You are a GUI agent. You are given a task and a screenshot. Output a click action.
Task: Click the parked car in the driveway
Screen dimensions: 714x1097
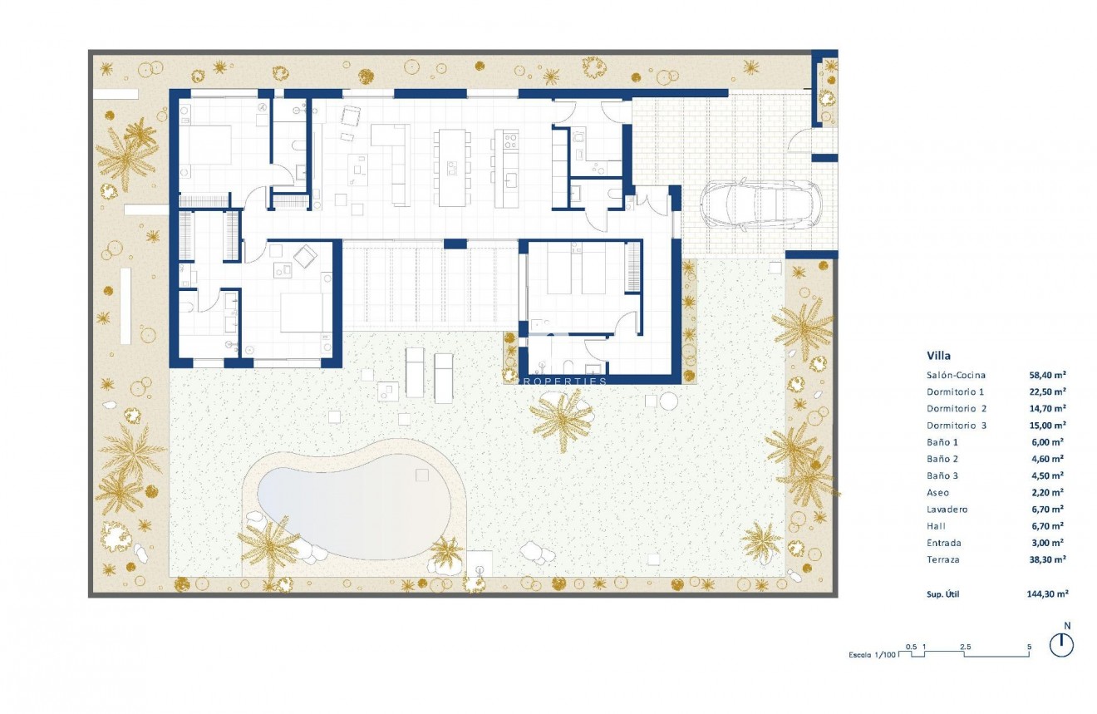(x=759, y=205)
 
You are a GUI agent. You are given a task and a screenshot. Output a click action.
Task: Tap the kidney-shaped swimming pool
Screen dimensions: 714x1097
(x=353, y=500)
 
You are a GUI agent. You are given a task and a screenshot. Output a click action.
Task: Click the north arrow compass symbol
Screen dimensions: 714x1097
(x=1061, y=644)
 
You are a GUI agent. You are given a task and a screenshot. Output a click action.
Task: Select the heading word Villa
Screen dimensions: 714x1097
(x=939, y=355)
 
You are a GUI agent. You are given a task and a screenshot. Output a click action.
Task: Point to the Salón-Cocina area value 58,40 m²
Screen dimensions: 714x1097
(x=1047, y=375)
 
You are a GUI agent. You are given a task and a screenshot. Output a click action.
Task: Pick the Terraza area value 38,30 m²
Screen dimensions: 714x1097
(x=1047, y=559)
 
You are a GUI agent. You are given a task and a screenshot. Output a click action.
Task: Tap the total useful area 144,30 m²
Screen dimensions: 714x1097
(x=1047, y=594)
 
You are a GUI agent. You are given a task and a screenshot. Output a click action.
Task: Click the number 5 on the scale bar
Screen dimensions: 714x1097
(x=1029, y=646)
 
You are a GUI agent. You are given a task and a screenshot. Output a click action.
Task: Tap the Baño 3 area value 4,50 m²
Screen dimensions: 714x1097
(x=1047, y=475)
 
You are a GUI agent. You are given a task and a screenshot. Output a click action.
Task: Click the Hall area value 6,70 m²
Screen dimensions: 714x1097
(x=1047, y=526)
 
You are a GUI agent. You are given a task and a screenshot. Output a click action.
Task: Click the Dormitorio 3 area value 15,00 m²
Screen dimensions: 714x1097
(x=1047, y=426)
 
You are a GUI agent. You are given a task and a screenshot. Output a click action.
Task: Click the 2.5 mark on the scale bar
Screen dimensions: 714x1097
(x=965, y=646)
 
